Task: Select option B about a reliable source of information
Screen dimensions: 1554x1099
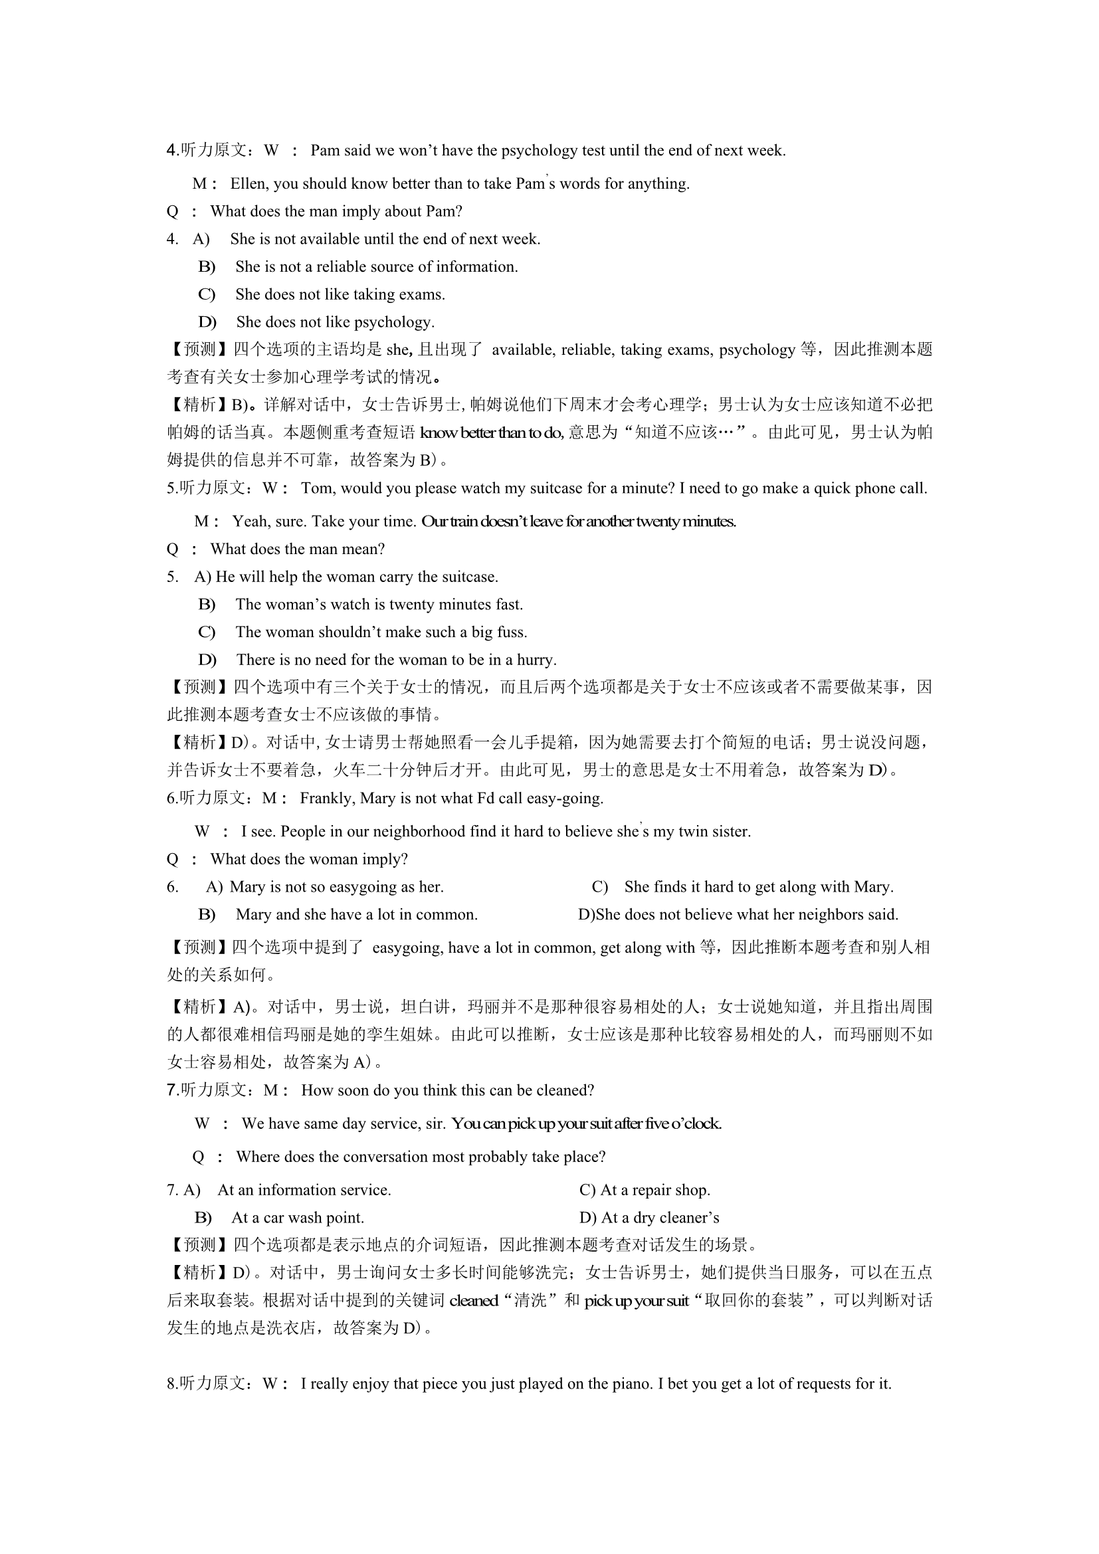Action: click(376, 266)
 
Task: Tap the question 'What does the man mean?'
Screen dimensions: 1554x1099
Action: click(297, 549)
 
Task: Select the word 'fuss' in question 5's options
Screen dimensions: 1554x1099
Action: click(513, 632)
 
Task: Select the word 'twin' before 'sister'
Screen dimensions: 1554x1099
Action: click(693, 831)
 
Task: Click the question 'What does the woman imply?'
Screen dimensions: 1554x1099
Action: click(308, 859)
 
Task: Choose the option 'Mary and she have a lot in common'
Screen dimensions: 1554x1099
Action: click(357, 914)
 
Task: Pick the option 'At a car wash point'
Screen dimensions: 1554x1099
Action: click(298, 1218)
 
